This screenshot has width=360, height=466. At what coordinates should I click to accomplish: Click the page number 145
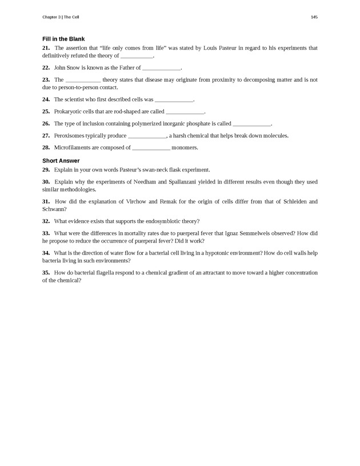click(x=314, y=17)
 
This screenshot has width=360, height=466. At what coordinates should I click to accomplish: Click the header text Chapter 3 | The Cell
click(x=61, y=17)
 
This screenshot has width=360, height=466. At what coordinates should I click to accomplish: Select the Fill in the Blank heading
click(x=63, y=39)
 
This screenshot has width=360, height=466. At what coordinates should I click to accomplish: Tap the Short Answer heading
click(x=61, y=161)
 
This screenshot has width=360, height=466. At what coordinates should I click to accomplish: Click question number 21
click(x=46, y=48)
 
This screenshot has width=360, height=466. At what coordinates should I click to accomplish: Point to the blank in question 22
click(x=161, y=68)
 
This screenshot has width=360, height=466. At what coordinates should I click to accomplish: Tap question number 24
click(x=46, y=99)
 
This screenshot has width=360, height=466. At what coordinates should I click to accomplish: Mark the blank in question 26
click(x=251, y=124)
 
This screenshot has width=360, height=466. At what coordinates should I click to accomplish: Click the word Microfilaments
click(x=73, y=148)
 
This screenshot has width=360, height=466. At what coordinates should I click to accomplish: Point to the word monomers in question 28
click(x=185, y=148)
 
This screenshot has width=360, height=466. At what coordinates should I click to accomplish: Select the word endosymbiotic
click(x=163, y=221)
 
